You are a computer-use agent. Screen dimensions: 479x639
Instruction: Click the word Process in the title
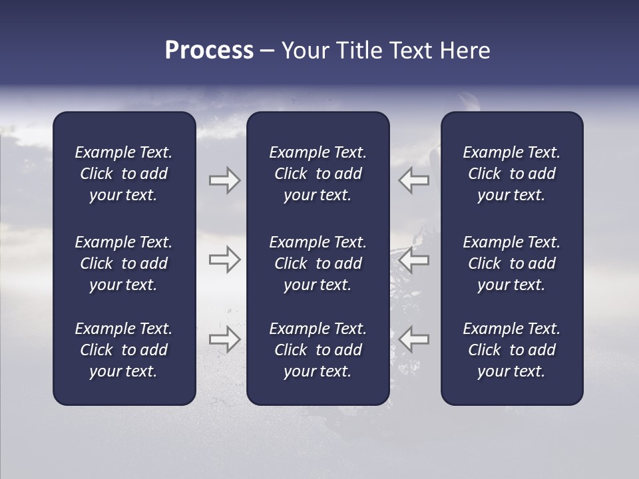coord(209,51)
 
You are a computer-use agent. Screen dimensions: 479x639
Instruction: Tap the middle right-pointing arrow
coord(224,259)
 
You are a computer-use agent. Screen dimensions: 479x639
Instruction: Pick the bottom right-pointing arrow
coord(224,339)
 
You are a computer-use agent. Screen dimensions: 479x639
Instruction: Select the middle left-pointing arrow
coord(413,259)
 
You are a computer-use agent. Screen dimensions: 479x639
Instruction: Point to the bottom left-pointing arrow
coord(413,339)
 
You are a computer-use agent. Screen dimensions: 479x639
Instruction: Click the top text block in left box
coord(124,174)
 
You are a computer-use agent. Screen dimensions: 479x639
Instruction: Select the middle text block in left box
coord(124,263)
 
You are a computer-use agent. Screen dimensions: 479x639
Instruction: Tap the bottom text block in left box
coord(124,350)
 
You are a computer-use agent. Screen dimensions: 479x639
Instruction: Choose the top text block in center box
coord(318,174)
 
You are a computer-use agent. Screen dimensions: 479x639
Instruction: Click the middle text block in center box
coord(318,263)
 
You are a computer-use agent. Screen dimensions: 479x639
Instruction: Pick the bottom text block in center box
coord(318,350)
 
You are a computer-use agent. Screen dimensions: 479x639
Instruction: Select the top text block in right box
coord(511,174)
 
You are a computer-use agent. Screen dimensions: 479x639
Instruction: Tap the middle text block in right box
coord(511,263)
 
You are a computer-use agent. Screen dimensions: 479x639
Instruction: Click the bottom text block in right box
coord(511,350)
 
